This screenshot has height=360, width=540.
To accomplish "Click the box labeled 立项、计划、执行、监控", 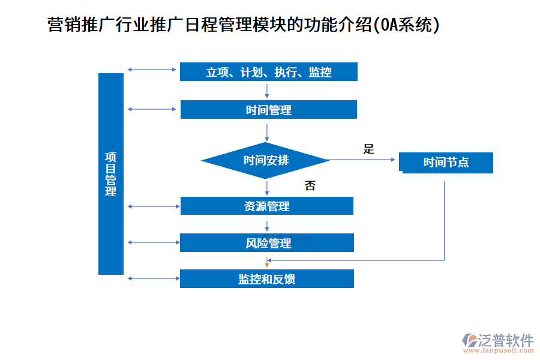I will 268,72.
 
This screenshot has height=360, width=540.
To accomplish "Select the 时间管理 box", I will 268,110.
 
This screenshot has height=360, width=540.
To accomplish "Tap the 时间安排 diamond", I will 266,160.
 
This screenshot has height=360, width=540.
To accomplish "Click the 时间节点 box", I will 447,163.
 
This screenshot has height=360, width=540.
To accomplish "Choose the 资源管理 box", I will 266,206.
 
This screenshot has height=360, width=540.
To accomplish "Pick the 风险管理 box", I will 266,242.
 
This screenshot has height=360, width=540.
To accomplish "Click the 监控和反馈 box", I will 266,279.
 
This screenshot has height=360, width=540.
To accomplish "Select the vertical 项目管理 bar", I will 111,174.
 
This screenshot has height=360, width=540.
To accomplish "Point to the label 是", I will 368,149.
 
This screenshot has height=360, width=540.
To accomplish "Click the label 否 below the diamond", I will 310,185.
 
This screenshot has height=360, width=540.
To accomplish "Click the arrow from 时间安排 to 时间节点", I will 363,160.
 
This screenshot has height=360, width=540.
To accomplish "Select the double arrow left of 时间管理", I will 153,109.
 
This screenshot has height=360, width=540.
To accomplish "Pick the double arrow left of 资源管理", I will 153,206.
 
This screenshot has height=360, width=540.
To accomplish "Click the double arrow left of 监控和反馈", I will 153,278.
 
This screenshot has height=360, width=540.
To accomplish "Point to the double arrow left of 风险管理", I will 153,242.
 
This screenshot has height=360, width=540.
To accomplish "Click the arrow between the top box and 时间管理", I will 266,91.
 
